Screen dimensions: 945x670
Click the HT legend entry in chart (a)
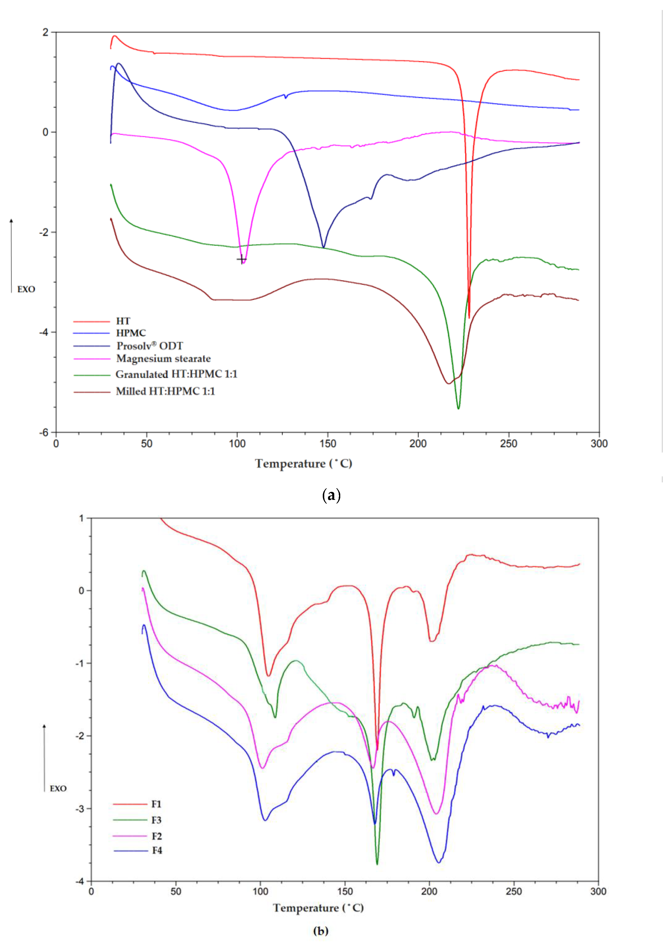pos(123,321)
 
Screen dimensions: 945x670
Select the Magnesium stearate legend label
pos(163,358)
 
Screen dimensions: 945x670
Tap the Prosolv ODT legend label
pos(149,346)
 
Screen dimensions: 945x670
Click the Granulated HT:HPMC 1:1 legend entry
pos(176,374)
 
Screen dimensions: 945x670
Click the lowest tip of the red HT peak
pos(469,318)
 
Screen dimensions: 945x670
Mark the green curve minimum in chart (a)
pos(458,408)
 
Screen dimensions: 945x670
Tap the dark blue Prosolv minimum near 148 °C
pos(323,247)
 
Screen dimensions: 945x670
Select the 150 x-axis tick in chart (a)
pos(327,444)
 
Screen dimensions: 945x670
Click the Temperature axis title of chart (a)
pos(303,464)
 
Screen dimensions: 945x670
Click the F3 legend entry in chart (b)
pos(156,820)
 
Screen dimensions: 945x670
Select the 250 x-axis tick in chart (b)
pos(514,891)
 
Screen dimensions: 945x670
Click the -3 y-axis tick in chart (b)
pos(80,809)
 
